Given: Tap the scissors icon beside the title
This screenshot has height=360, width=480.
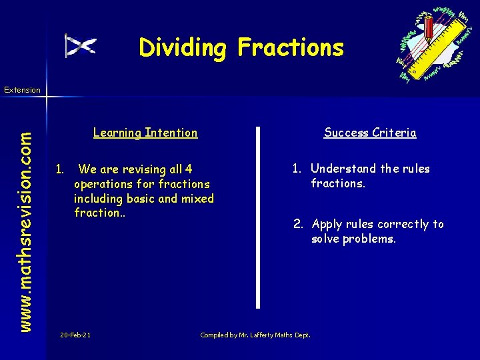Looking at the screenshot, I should coord(81,45).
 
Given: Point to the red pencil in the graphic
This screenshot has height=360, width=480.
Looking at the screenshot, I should coord(429,28).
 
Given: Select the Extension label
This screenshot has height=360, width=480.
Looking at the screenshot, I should coord(22,90).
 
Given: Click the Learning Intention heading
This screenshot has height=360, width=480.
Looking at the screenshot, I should coord(145,133).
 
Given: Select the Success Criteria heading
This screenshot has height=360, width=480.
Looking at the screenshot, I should coord(370,133).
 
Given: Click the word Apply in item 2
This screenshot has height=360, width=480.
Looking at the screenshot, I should coord(327,224).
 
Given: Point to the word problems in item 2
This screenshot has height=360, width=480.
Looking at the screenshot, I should coord(369,239).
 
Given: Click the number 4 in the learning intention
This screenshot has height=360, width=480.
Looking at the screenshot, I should coord(189,169).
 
